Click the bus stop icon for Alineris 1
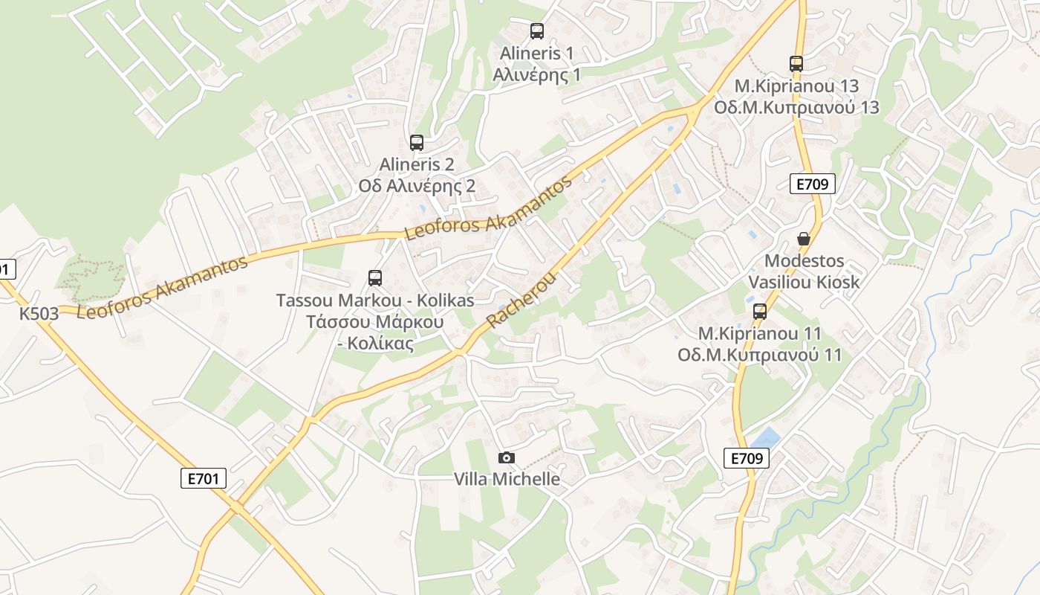coord(537,31)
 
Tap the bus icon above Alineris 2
coord(417,143)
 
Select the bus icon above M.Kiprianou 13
coord(796,64)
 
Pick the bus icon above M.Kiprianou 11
coord(760,311)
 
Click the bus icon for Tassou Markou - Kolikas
coord(375,278)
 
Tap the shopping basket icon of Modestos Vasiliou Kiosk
coord(804,239)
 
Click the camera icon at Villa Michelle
coord(507,457)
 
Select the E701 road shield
coord(203,478)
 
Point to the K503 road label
coord(39,314)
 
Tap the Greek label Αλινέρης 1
coord(537,74)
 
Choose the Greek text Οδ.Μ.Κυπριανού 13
coord(796,107)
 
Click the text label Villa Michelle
coord(507,479)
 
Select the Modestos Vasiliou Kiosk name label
coord(804,271)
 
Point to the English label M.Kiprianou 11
coord(760,332)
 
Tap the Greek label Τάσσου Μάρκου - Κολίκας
coord(375,332)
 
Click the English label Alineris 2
coord(417,164)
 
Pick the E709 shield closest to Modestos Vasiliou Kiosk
coord(813,184)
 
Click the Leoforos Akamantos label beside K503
coord(162,288)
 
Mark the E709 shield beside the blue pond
coord(747,458)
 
